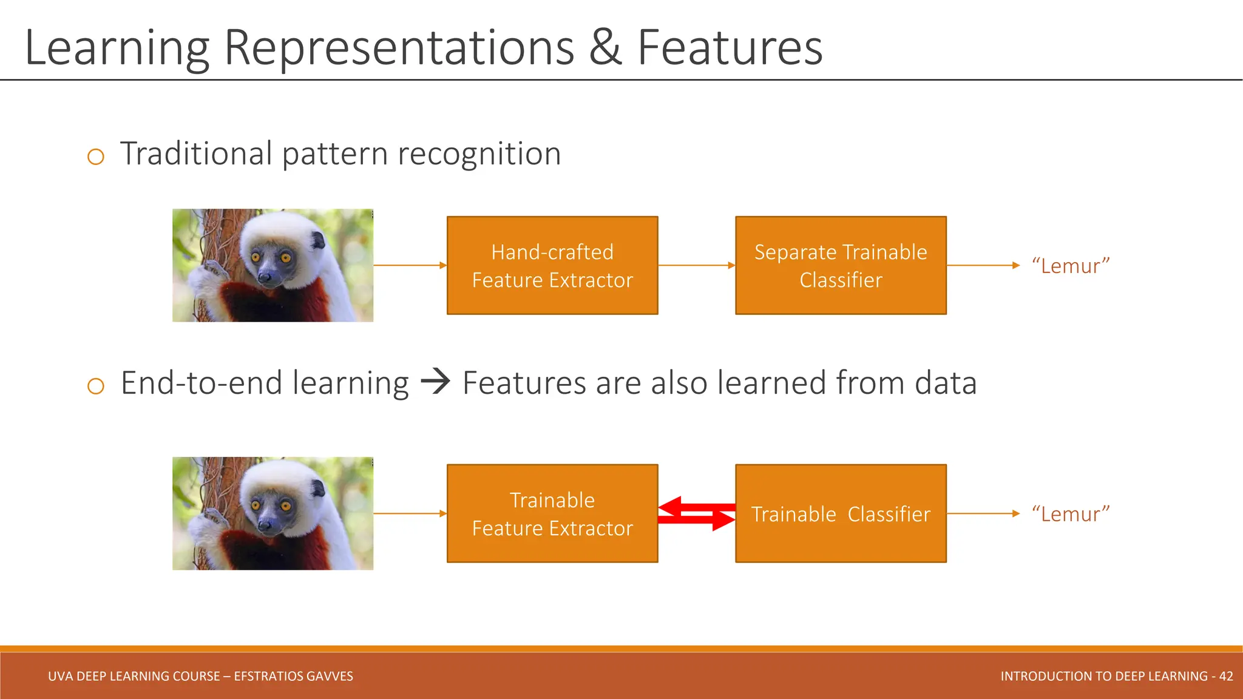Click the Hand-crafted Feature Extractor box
[x=552, y=265]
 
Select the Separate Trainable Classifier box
[x=841, y=265]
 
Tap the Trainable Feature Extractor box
[x=552, y=513]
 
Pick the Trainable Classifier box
[x=841, y=513]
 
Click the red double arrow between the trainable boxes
[x=697, y=513]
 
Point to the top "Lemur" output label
[x=1071, y=266]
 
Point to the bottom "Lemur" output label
[x=1071, y=514]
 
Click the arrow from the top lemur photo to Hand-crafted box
[x=410, y=265]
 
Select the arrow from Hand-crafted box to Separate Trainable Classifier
[x=696, y=265]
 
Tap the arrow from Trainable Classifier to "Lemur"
[x=983, y=513]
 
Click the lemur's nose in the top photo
[x=265, y=278]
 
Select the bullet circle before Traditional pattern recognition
[x=96, y=157]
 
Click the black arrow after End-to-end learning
[x=435, y=382]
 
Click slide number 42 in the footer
[x=1226, y=676]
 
